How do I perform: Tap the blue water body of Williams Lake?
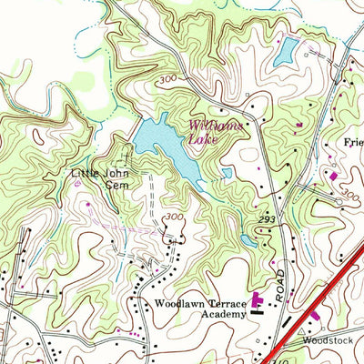coord(164,146)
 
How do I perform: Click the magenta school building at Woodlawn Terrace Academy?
coord(258,298)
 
